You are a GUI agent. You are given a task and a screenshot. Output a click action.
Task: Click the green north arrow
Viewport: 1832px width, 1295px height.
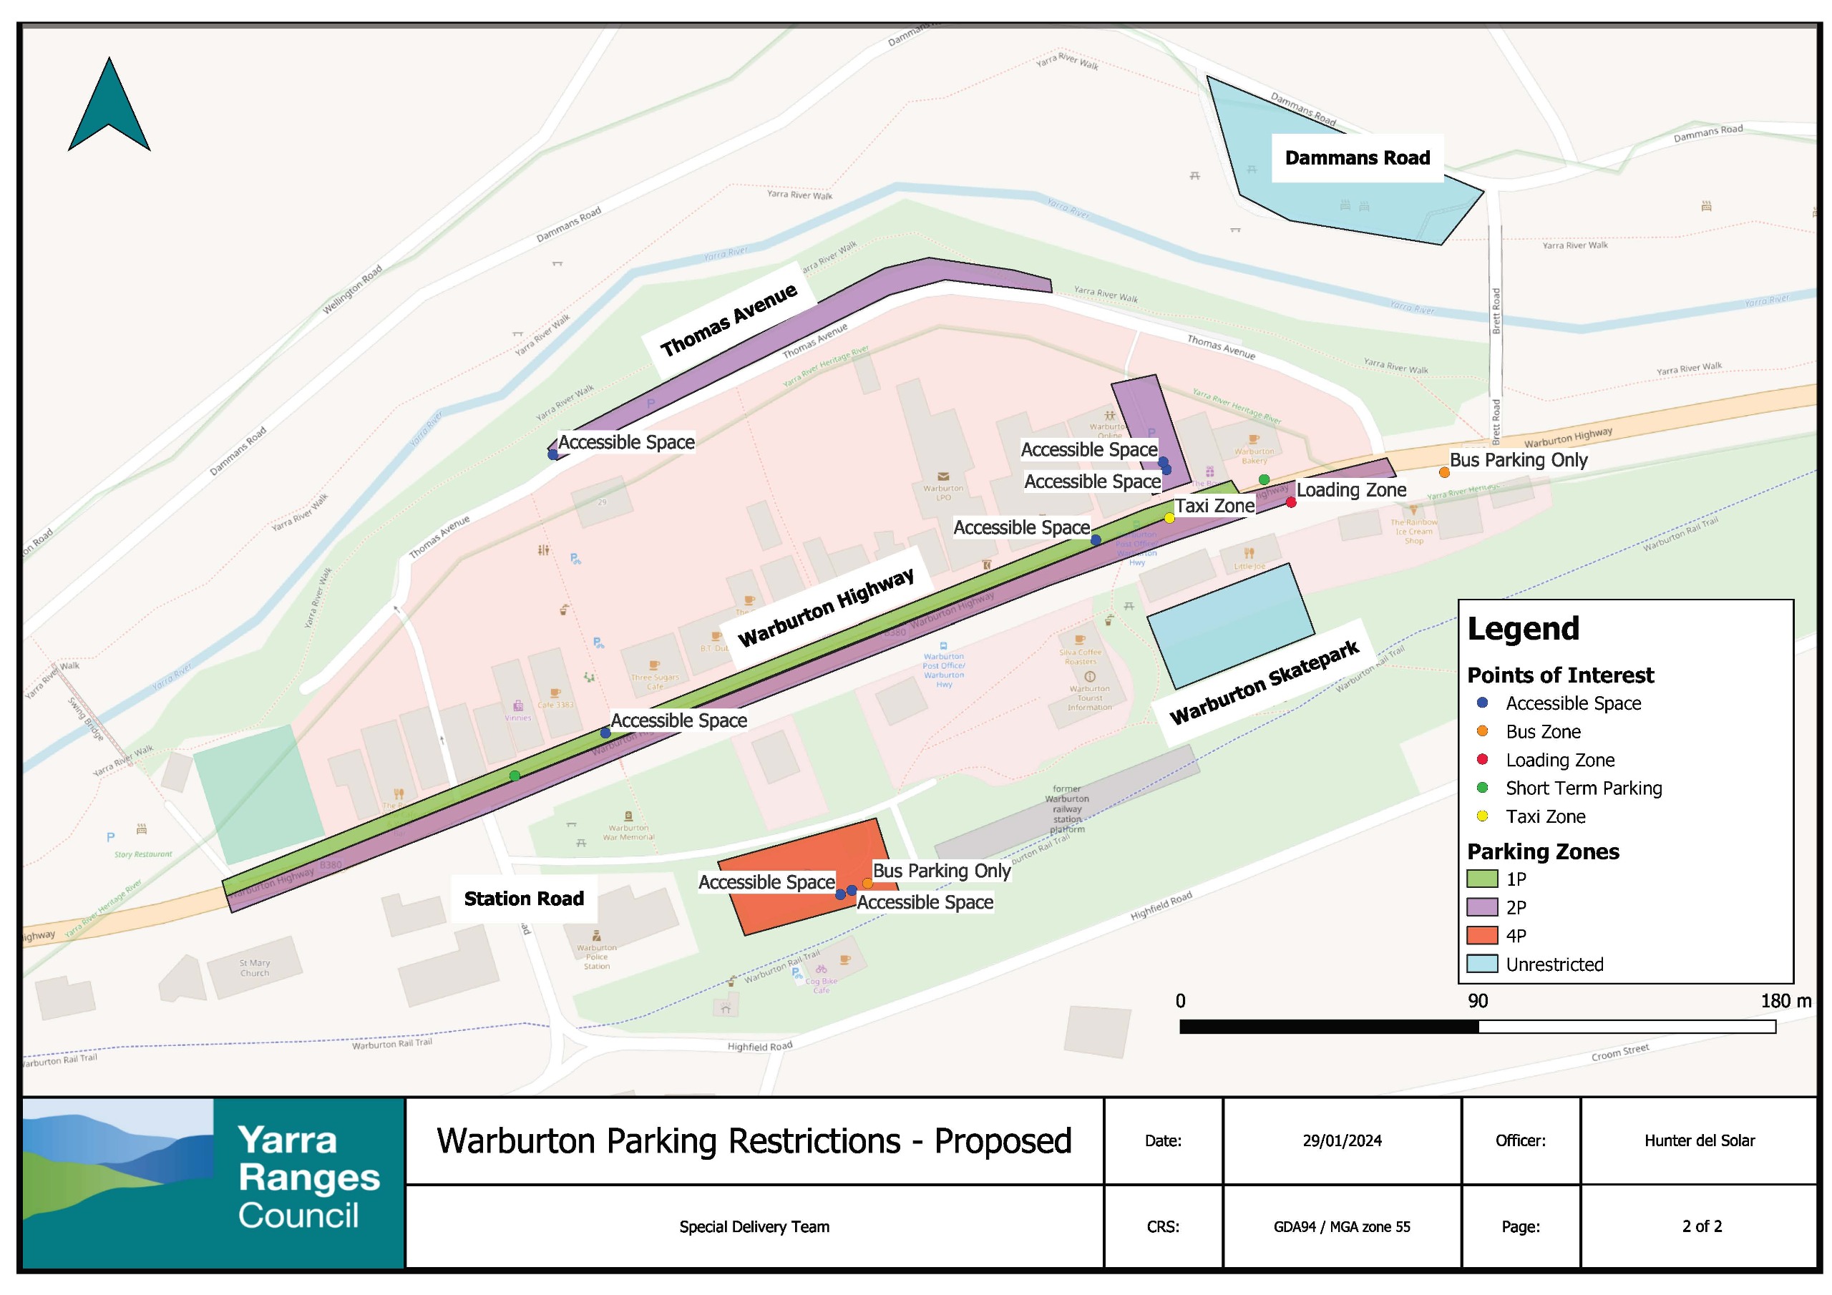click(109, 108)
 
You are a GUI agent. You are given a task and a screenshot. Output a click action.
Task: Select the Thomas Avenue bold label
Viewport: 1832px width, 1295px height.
click(729, 320)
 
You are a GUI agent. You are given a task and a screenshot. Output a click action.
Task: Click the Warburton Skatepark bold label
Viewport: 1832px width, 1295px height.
click(1264, 683)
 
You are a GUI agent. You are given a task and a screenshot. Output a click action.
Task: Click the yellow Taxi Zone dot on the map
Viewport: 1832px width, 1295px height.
click(1169, 518)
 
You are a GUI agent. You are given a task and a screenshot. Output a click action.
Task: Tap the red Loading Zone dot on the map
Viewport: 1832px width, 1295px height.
click(1290, 502)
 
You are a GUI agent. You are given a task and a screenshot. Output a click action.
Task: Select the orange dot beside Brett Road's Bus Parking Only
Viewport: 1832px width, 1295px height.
click(1443, 472)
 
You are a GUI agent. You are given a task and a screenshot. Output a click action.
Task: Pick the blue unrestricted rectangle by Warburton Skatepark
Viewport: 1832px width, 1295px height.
click(1229, 625)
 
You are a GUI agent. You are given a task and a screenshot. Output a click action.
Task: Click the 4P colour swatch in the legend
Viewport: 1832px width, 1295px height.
click(1482, 935)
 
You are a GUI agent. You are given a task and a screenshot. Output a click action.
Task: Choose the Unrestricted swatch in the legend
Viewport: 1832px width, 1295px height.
click(1482, 964)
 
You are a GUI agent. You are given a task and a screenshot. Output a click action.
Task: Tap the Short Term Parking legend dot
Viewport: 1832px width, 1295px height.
click(1483, 788)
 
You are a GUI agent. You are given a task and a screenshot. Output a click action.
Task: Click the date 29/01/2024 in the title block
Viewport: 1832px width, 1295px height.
click(1341, 1140)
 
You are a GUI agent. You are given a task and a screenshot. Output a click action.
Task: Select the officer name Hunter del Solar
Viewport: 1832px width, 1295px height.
click(1699, 1140)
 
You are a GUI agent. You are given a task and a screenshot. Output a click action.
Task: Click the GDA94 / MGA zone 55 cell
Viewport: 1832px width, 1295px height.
click(1341, 1226)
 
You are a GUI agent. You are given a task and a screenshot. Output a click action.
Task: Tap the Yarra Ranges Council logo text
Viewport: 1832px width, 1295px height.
click(308, 1177)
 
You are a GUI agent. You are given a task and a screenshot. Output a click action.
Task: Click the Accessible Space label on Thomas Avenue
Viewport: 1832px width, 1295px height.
click(626, 442)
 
